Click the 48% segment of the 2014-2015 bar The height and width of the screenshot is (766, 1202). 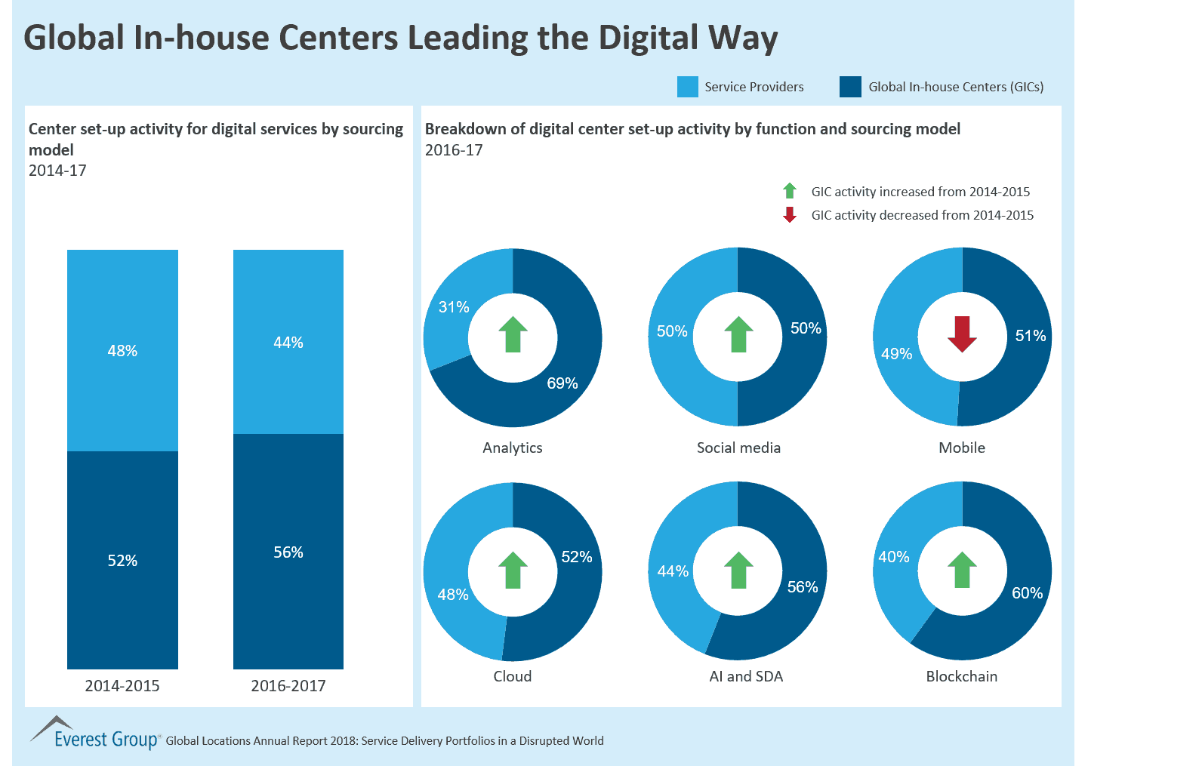point(122,351)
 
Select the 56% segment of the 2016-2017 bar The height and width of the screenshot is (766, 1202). point(288,552)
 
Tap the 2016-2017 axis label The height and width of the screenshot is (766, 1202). point(288,685)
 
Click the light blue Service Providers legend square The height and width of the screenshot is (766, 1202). point(688,87)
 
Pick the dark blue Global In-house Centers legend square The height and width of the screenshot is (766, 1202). point(850,87)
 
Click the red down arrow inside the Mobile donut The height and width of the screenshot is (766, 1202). point(962,334)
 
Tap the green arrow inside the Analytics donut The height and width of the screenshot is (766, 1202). point(513,334)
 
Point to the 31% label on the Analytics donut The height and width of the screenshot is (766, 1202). point(454,307)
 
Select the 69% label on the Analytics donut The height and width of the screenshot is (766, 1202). point(562,383)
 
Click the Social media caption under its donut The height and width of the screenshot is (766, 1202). point(738,448)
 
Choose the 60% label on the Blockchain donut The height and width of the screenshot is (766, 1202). point(1027,593)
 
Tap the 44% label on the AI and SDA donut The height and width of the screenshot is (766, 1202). point(673,571)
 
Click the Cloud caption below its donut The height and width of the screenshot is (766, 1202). point(513,676)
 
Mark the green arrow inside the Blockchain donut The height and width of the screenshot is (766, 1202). point(962,570)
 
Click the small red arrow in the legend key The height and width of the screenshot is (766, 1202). point(790,215)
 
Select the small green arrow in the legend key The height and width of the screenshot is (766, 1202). point(790,191)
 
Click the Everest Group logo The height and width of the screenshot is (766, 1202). point(94,734)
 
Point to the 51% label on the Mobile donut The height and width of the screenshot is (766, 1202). point(1031,336)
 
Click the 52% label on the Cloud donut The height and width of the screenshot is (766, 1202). point(577,557)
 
